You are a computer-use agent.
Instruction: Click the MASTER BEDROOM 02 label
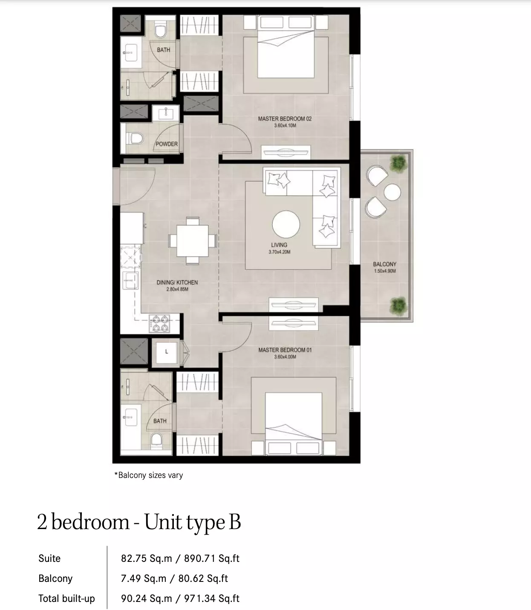point(285,119)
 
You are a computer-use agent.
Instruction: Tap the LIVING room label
point(279,245)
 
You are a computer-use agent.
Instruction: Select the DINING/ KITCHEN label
point(177,282)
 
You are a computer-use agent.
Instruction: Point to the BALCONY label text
point(384,264)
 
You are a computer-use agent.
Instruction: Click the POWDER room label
point(167,144)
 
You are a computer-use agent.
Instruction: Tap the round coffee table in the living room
point(286,224)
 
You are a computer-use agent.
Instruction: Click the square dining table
point(193,241)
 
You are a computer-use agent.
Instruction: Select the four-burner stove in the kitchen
point(159,324)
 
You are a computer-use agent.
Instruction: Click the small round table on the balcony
point(392,192)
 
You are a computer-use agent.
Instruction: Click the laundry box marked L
point(167,352)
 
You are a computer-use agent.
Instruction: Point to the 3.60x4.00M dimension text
point(285,357)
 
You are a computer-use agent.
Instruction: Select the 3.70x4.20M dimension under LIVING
point(279,252)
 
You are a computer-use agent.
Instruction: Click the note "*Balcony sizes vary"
point(149,475)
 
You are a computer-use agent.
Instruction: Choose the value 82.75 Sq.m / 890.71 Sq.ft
point(180,558)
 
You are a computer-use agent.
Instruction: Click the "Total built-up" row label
point(66,598)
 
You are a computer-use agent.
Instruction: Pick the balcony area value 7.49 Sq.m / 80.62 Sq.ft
point(174,578)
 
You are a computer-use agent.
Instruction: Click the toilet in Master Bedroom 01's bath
point(156,440)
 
